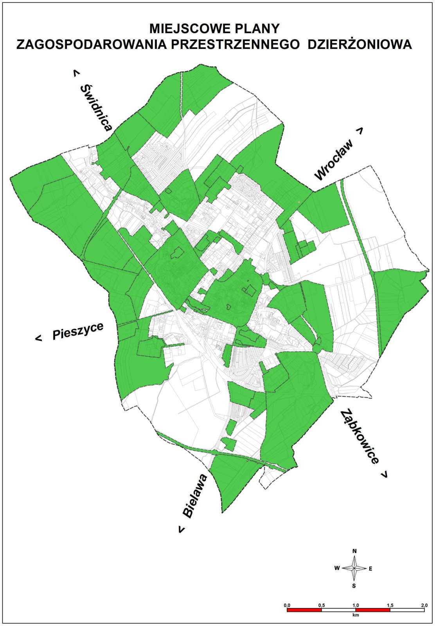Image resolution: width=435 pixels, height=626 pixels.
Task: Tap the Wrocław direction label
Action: tap(334, 160)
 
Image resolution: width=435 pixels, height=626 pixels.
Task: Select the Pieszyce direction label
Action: tap(78, 331)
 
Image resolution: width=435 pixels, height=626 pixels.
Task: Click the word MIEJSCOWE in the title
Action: tap(187, 29)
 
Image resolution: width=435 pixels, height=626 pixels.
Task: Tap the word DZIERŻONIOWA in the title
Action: tap(360, 44)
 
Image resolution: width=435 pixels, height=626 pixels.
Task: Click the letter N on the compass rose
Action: tap(354, 551)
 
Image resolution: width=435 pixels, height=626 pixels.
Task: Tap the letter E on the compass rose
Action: tap(370, 568)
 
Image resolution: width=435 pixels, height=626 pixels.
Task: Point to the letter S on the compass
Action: tap(354, 586)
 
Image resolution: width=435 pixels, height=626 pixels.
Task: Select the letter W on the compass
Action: tap(337, 568)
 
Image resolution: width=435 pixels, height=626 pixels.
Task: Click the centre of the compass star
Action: tap(354, 568)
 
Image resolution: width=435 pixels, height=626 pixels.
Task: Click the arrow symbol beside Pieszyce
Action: tap(38, 338)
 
